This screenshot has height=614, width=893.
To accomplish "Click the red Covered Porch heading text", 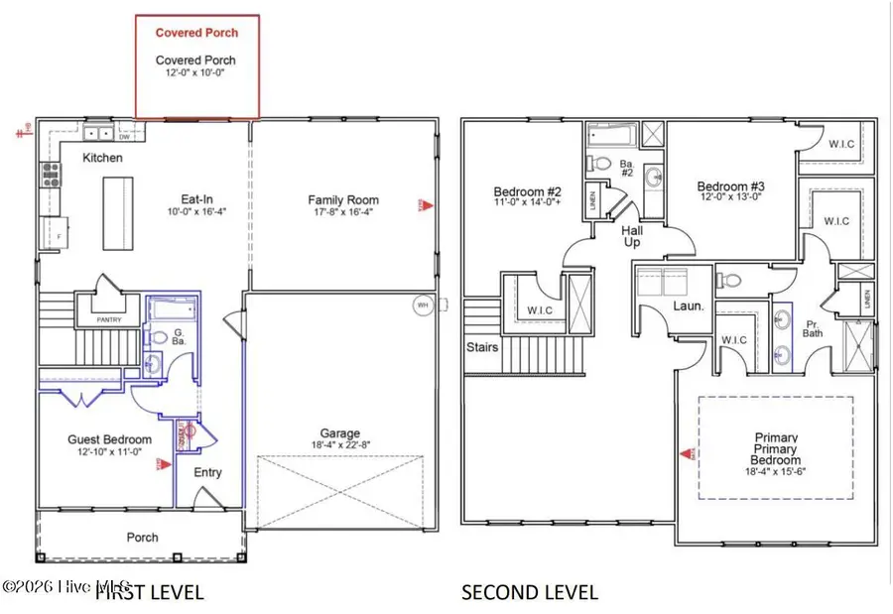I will [x=196, y=33].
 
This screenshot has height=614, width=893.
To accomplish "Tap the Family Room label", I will [x=343, y=200].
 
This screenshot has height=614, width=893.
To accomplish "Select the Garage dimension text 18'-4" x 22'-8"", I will [x=339, y=445].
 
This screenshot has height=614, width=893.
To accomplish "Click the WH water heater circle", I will [x=423, y=305].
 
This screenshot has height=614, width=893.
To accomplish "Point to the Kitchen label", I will [x=102, y=158].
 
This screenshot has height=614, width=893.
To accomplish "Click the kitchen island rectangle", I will [x=117, y=213].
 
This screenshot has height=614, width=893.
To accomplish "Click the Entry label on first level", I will [x=207, y=472].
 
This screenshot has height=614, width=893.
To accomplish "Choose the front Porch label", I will [x=142, y=537].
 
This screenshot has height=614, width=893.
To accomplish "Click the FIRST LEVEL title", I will [x=149, y=593].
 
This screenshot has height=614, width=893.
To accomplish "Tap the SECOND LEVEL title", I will [x=530, y=593].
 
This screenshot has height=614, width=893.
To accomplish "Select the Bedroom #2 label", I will [x=528, y=191].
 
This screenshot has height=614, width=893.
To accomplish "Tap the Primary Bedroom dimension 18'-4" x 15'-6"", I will [x=775, y=473].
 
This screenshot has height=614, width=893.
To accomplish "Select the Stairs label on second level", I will [x=482, y=347].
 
